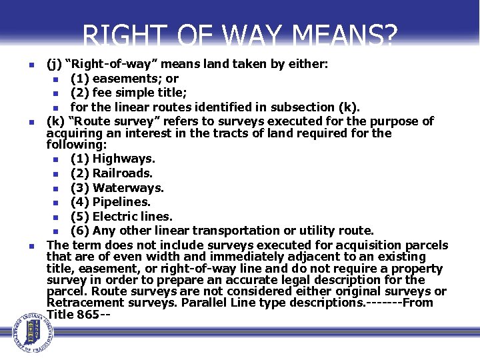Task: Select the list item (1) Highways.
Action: coord(113,159)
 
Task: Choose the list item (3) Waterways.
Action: coord(117,188)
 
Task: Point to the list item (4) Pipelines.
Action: coord(111,201)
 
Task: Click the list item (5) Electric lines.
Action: coord(121,216)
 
